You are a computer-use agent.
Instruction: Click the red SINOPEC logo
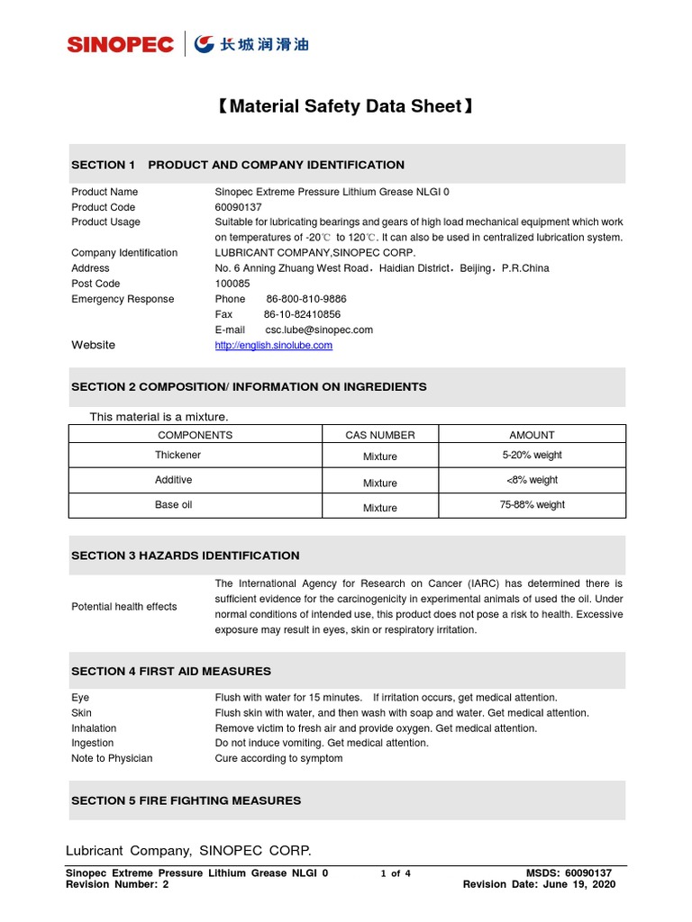(120, 44)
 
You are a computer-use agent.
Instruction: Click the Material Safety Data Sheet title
(345, 107)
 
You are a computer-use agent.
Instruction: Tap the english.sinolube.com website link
(273, 345)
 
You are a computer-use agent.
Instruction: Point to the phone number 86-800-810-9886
(306, 299)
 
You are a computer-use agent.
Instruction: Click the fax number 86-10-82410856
(302, 314)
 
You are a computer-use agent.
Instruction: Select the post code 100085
(232, 284)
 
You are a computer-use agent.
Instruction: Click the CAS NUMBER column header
(380, 435)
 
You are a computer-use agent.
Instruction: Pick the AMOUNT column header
(532, 435)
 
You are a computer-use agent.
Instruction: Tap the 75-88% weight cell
(532, 505)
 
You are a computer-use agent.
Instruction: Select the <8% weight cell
(532, 480)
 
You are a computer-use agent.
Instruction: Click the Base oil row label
(173, 505)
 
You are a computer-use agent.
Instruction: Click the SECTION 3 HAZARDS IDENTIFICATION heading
(186, 556)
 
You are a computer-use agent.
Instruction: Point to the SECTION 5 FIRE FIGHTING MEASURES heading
(187, 800)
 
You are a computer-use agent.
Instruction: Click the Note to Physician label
(112, 758)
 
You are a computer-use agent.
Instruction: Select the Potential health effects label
(124, 607)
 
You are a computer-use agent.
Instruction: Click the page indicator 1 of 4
(396, 873)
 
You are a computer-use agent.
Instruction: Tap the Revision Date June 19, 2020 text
(539, 884)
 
